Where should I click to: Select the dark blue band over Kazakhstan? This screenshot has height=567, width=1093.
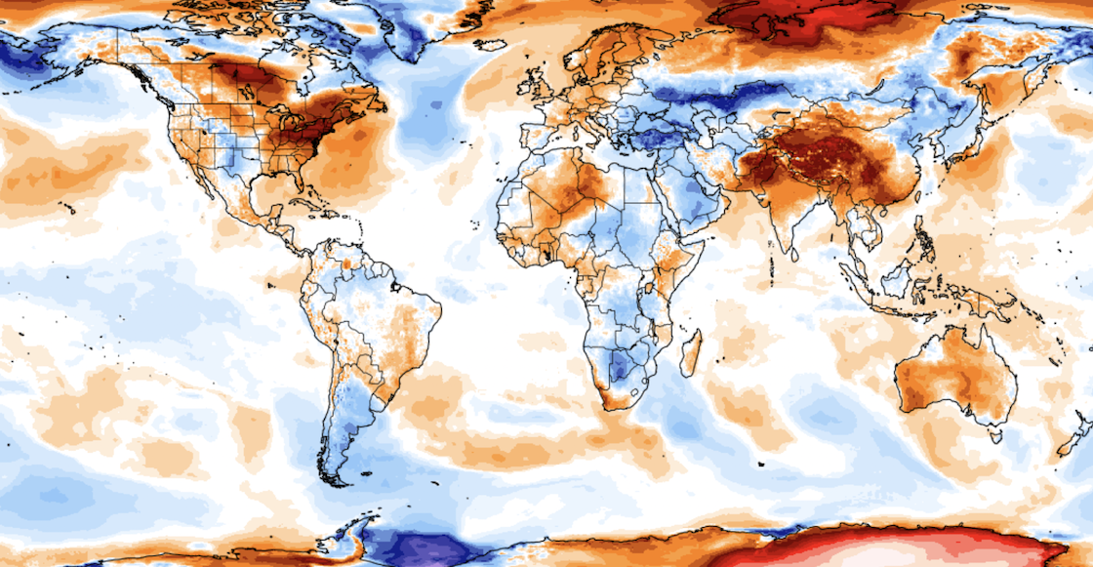click(x=722, y=98)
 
